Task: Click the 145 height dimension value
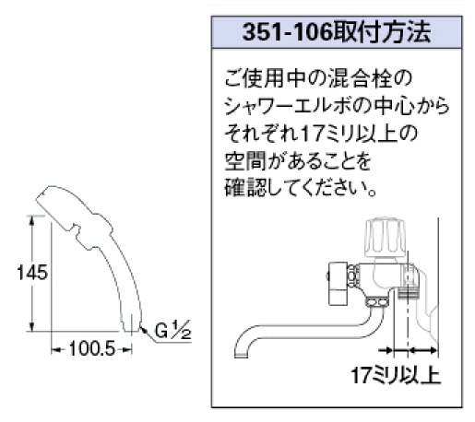click(x=32, y=272)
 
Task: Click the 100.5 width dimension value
click(x=92, y=349)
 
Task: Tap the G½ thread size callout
click(x=172, y=330)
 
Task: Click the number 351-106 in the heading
click(x=288, y=32)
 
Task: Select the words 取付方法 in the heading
click(x=382, y=32)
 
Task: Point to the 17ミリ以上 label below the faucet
click(x=396, y=375)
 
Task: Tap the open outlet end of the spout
click(x=242, y=356)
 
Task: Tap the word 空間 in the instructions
click(x=245, y=161)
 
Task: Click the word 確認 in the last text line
click(x=245, y=187)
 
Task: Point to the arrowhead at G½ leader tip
click(x=142, y=329)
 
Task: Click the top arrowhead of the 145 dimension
click(x=32, y=220)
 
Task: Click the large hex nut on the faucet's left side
click(x=338, y=283)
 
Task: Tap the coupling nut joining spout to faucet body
click(x=376, y=302)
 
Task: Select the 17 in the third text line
click(x=312, y=134)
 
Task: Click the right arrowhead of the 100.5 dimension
click(x=127, y=349)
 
